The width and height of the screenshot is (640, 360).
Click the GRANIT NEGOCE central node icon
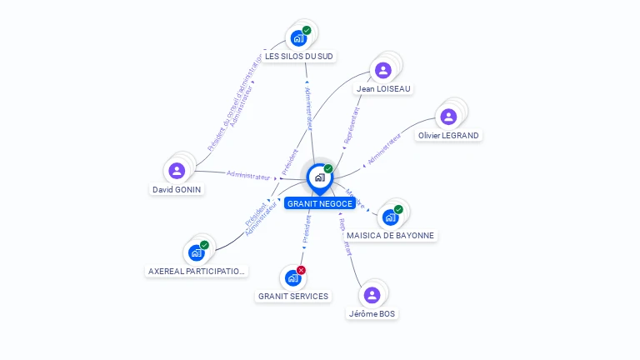pos(319,177)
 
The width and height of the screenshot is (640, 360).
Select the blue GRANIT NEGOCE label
pos(319,203)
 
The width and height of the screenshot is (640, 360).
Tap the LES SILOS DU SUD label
pos(299,57)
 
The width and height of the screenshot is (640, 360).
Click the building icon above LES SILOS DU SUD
pos(297,38)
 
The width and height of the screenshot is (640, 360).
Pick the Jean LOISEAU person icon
pos(383,70)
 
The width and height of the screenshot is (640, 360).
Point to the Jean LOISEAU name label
pos(383,88)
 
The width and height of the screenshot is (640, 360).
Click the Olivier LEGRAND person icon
pos(449,117)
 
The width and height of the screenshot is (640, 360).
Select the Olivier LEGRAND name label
pos(450,135)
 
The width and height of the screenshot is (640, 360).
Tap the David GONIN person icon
pos(177,171)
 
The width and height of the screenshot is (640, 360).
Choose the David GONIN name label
pos(177,189)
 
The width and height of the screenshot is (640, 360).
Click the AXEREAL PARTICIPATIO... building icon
pos(197,252)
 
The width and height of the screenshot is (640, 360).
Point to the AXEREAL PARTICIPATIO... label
pos(197,271)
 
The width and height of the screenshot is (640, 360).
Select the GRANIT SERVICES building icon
pos(292,277)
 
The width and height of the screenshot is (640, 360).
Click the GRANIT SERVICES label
pos(293,296)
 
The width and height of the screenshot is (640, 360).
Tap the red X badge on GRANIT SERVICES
pos(302,270)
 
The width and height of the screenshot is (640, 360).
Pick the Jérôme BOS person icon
pos(372,295)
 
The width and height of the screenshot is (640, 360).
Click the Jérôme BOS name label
pos(372,314)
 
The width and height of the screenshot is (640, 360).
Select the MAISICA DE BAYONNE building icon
pos(390,217)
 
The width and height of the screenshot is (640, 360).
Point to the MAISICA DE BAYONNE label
pos(390,236)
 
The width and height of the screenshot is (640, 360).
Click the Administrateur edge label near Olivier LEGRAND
pos(384,147)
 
